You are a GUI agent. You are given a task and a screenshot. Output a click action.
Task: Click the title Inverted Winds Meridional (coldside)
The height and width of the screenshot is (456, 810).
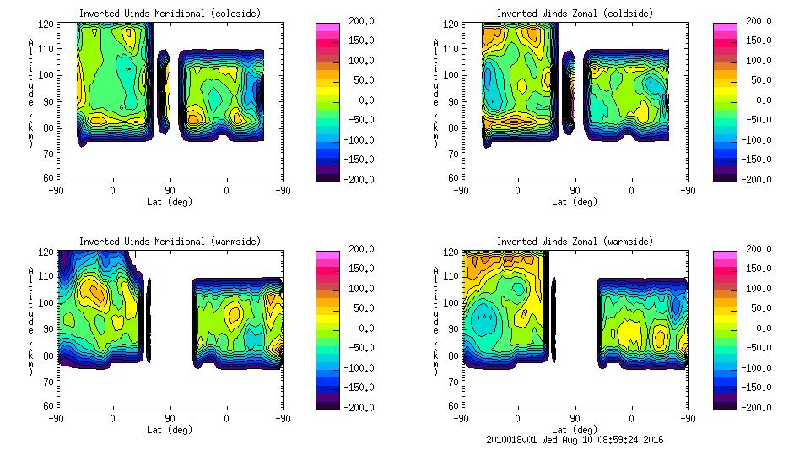point(170,14)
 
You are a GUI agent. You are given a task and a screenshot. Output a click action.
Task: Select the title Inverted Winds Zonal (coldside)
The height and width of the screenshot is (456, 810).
point(575,14)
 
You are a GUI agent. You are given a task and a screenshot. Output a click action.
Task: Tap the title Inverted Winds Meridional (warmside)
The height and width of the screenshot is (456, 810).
point(170,242)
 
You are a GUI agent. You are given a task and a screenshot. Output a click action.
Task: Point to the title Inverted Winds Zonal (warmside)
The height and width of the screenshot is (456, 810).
point(575,242)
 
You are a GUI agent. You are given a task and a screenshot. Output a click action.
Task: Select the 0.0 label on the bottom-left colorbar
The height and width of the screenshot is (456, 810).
point(360,328)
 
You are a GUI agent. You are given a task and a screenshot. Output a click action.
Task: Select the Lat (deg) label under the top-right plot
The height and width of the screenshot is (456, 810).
point(575,202)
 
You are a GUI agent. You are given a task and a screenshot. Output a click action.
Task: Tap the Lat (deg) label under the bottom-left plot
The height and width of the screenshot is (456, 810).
point(170,430)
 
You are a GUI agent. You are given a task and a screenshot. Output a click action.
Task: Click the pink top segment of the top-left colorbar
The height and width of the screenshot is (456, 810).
point(327,28)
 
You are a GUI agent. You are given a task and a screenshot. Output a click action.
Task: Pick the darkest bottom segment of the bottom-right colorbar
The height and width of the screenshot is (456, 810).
point(723,403)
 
